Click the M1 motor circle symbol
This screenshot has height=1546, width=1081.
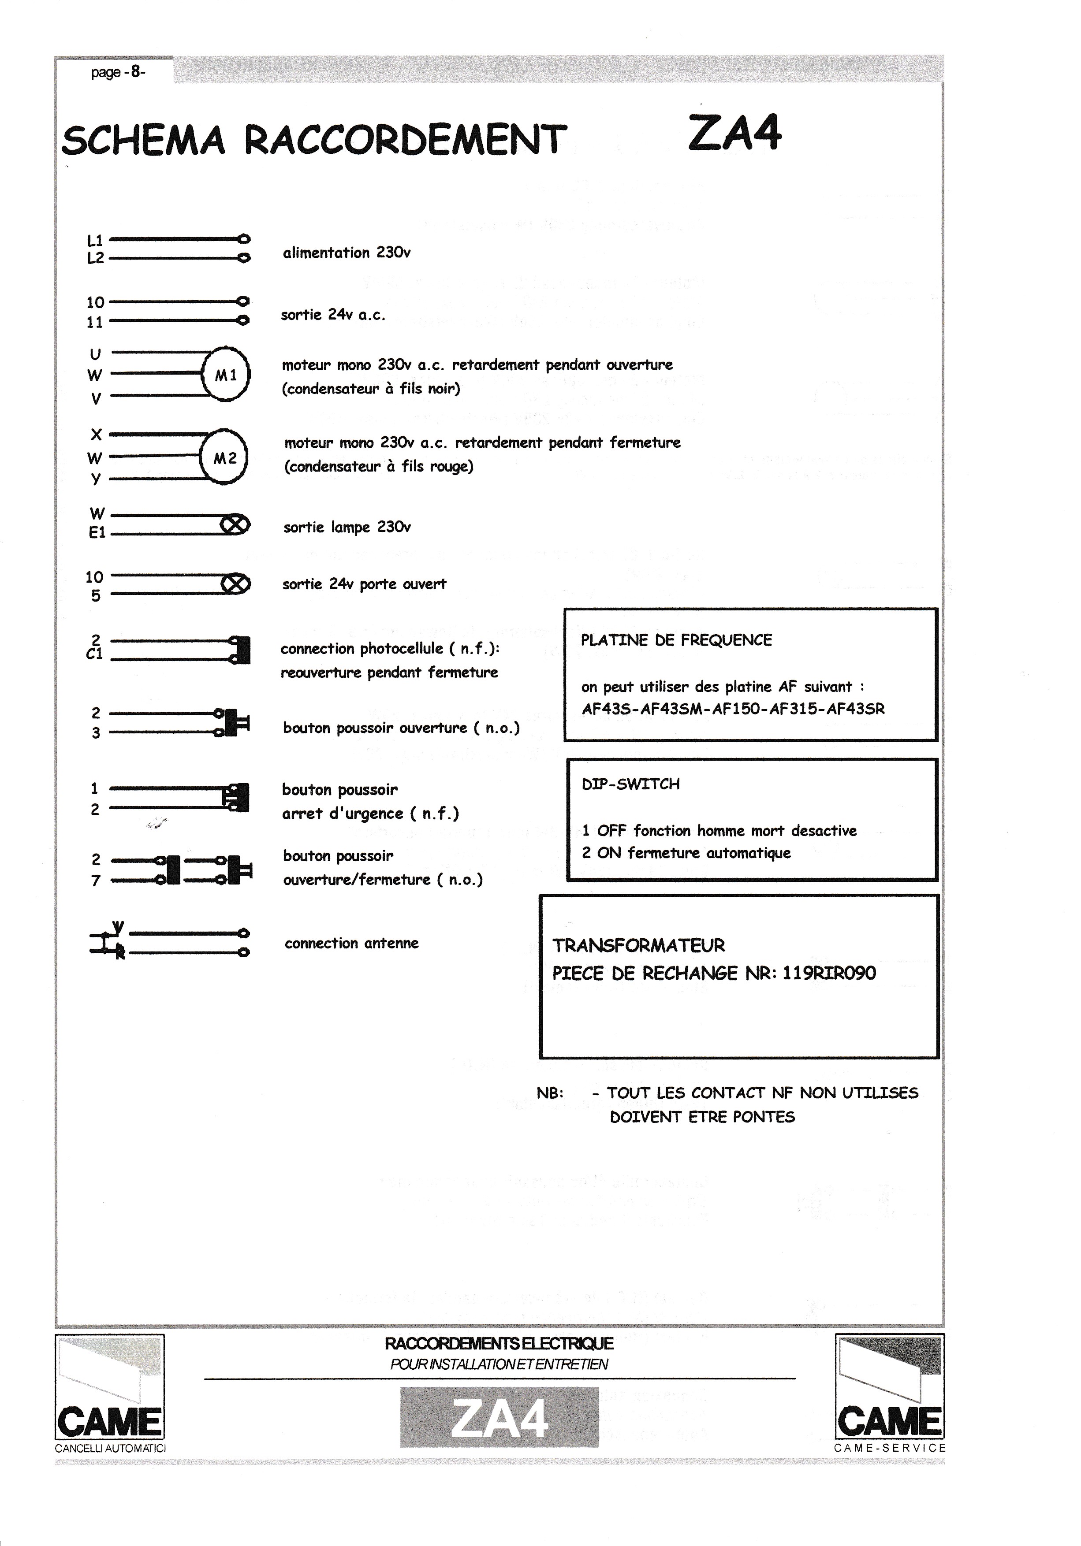pos(226,374)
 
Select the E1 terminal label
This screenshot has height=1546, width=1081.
pos(97,533)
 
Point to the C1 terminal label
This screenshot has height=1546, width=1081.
pos(95,653)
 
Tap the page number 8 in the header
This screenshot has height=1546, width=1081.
pos(135,72)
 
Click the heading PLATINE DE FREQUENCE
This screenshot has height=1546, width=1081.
pos(676,639)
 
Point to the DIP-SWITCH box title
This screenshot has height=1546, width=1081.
pos(630,784)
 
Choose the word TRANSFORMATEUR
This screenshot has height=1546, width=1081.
pos(638,945)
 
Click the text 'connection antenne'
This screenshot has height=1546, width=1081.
pos(351,943)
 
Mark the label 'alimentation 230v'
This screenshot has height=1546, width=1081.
pos(346,253)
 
